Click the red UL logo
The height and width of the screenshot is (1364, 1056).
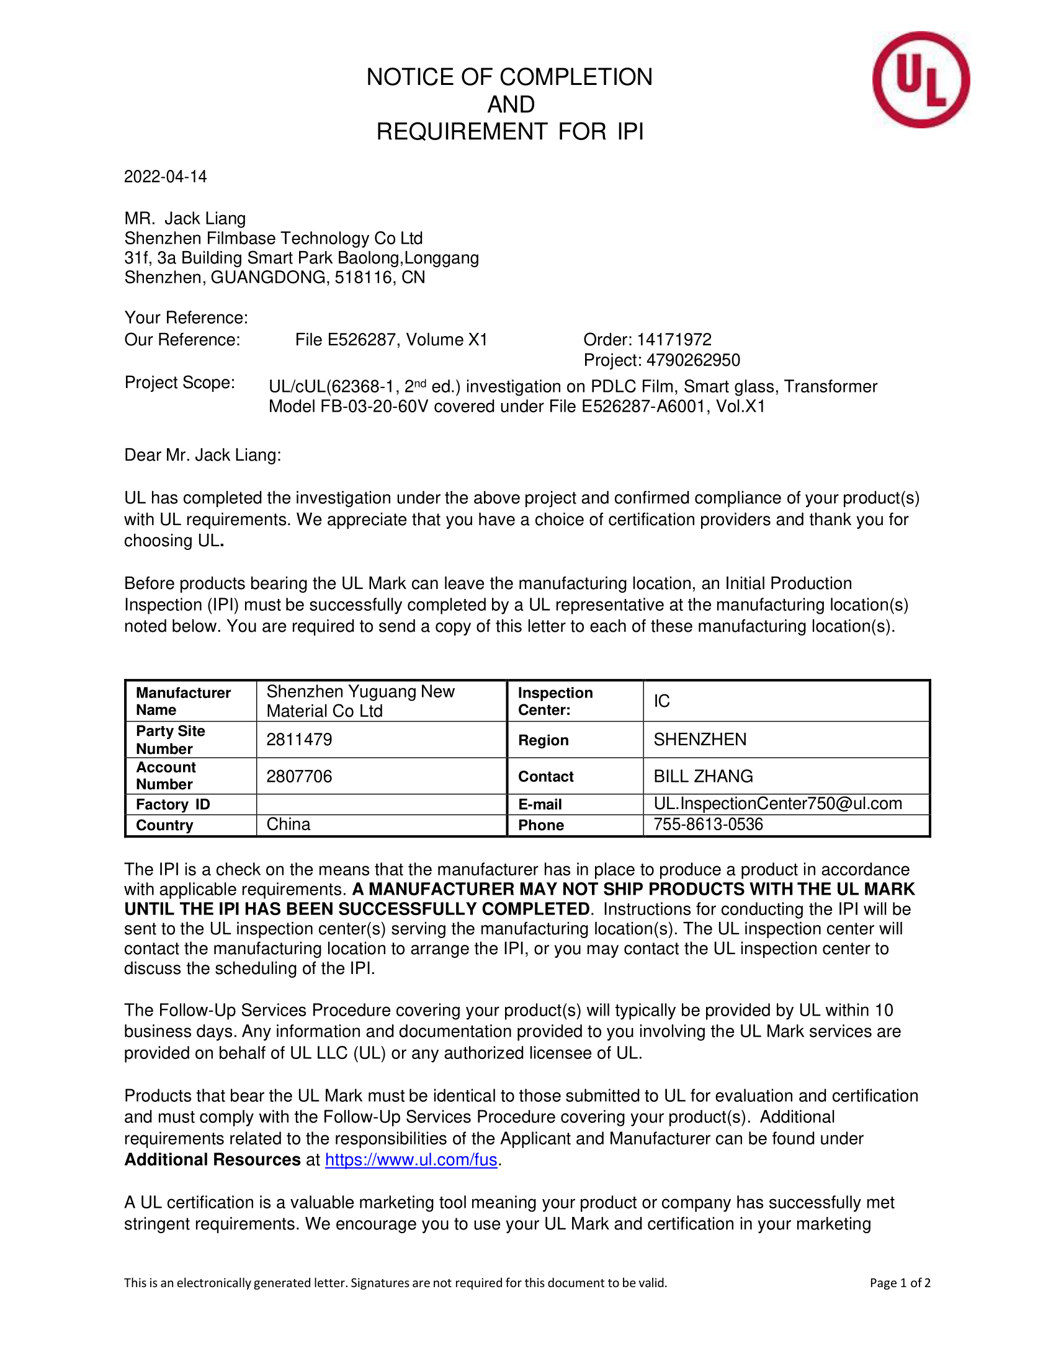point(920,80)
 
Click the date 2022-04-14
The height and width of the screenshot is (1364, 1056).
point(165,177)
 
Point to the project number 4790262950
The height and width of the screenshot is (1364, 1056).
point(693,360)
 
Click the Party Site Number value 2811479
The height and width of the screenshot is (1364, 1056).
point(299,740)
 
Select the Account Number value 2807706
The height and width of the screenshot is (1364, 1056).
point(299,776)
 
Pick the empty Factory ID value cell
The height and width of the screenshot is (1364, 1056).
point(381,804)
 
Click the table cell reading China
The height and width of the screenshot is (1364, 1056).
point(289,825)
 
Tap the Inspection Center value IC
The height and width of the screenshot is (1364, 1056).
point(662,701)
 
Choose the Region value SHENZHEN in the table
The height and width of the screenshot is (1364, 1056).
point(700,740)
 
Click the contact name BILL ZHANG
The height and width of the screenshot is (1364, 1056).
point(703,776)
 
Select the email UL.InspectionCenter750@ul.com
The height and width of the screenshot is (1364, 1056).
point(778,804)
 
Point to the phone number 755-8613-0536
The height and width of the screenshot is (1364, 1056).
point(708,825)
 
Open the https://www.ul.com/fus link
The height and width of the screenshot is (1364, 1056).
point(411,1160)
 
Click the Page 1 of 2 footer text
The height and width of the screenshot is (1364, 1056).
point(900,1283)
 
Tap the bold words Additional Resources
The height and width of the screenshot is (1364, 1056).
point(212,1160)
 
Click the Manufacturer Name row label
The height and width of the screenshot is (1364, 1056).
point(183,701)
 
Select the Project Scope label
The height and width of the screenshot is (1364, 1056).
point(179,382)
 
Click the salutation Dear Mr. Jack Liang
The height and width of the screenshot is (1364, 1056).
point(202,454)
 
